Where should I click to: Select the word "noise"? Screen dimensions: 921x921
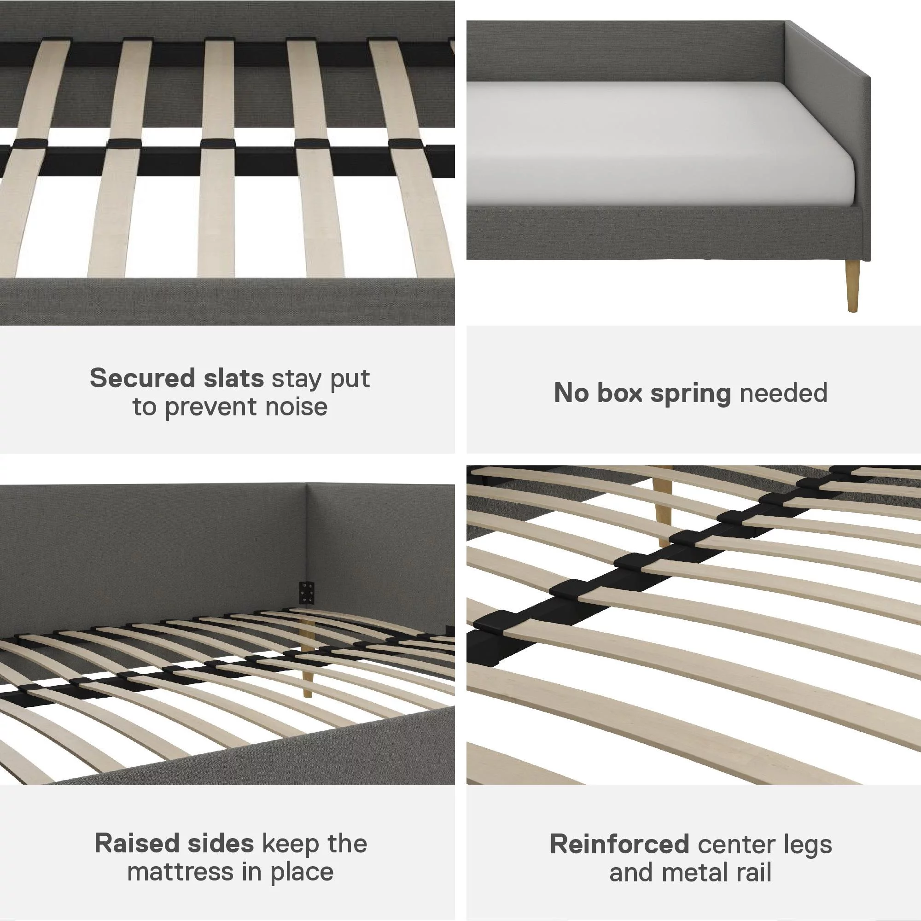click(296, 407)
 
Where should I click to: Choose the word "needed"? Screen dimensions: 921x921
click(784, 393)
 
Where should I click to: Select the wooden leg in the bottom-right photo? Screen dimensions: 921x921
click(663, 507)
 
